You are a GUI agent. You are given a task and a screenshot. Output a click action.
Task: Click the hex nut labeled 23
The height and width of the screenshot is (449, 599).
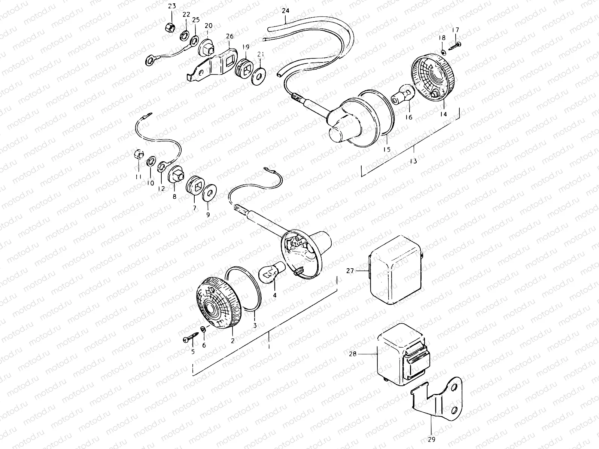pos(170,27)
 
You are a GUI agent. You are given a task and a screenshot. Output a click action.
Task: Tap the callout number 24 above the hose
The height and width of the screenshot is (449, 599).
pos(285,11)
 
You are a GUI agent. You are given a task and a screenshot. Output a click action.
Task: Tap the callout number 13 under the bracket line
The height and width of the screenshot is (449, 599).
pos(413,161)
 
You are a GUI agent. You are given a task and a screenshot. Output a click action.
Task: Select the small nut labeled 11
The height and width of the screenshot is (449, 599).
pos(139,155)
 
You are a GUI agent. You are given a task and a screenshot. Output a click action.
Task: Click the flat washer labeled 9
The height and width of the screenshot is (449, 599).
pos(210,193)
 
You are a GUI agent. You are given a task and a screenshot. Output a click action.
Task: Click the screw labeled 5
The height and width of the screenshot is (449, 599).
pos(191,337)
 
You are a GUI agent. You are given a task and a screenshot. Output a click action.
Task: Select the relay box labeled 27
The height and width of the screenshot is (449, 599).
pos(395,270)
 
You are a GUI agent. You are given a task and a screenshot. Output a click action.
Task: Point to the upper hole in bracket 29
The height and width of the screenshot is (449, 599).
pos(454,387)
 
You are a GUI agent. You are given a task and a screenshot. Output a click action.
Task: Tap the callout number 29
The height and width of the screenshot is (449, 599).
pos(431,439)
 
